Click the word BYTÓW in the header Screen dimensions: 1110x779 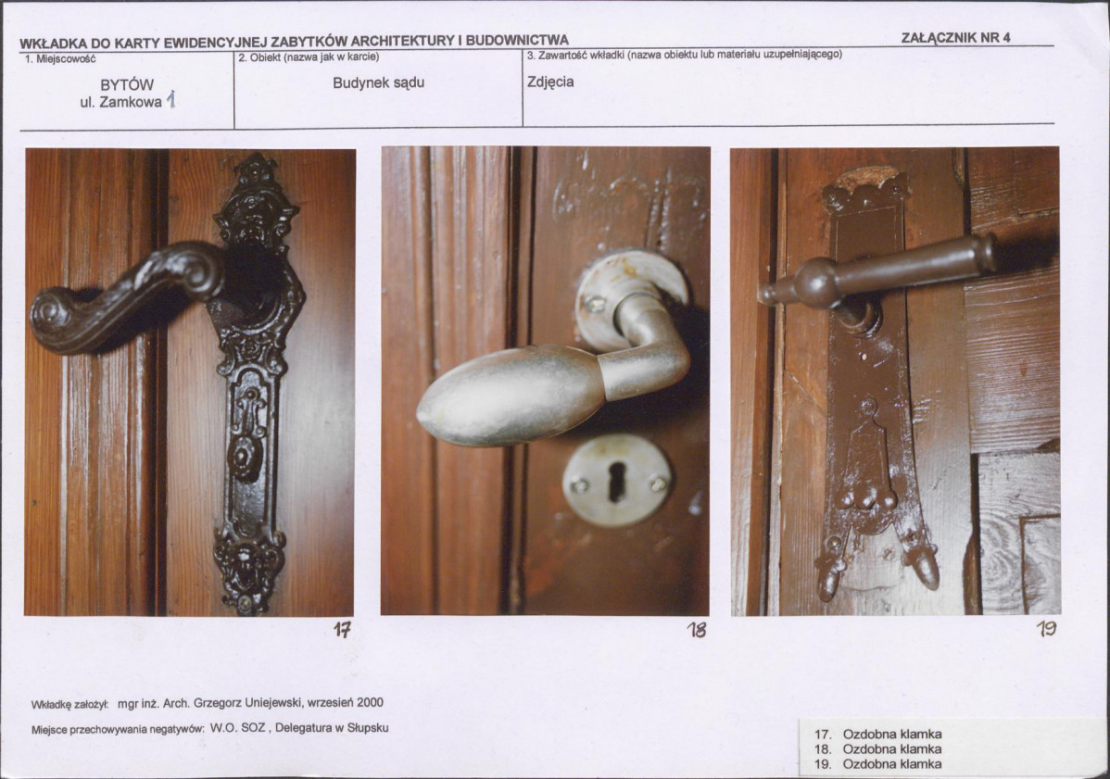click(127, 85)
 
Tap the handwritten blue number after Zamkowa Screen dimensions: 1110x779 click(170, 100)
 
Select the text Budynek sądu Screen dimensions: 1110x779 click(379, 82)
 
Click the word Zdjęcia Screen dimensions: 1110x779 click(550, 82)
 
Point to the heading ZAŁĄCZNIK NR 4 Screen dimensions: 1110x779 click(955, 37)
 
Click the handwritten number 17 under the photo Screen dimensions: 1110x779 click(343, 629)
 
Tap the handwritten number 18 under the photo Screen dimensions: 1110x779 click(697, 629)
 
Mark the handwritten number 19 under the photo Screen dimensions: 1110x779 click(1046, 628)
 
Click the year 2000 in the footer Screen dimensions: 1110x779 click(371, 703)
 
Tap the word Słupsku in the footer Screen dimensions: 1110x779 click(367, 727)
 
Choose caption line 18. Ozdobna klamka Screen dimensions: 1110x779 click(877, 749)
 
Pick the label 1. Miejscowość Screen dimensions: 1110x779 click(60, 59)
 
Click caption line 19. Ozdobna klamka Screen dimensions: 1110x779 click(877, 764)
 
